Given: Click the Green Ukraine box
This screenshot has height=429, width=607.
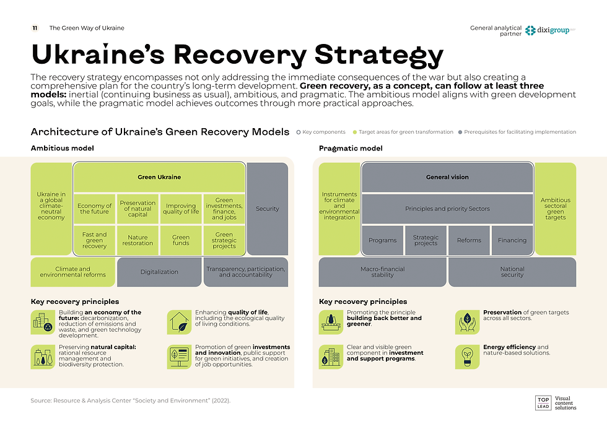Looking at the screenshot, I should pyautogui.click(x=159, y=177).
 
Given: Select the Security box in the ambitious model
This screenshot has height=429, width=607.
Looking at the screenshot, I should pyautogui.click(x=268, y=209).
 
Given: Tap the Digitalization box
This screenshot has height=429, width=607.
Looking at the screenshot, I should pyautogui.click(x=159, y=272).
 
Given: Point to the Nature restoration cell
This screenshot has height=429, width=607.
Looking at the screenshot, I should pyautogui.click(x=138, y=240).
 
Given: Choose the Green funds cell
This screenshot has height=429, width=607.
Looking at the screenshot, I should pyautogui.click(x=181, y=240).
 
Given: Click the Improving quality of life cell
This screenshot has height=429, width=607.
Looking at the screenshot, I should pyautogui.click(x=181, y=209).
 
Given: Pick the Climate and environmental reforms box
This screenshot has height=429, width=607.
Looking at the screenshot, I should pyautogui.click(x=73, y=272).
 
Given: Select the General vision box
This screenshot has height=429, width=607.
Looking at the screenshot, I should pyautogui.click(x=447, y=177).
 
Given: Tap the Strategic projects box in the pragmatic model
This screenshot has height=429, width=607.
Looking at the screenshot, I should pyautogui.click(x=426, y=240).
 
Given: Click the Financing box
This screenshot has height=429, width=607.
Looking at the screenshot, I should pyautogui.click(x=512, y=240).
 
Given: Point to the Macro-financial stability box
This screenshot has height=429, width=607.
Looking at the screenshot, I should pyautogui.click(x=382, y=272).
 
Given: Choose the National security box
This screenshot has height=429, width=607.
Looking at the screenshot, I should pyautogui.click(x=512, y=272).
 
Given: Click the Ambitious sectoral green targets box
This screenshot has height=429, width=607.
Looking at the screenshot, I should pyautogui.click(x=555, y=209).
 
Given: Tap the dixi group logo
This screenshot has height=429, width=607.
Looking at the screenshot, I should pyautogui.click(x=550, y=30).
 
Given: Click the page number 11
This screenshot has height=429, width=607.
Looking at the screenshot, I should pyautogui.click(x=36, y=28).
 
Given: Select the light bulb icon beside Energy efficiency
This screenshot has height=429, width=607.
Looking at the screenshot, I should pyautogui.click(x=466, y=356).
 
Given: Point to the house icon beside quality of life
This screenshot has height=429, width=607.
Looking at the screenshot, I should pyautogui.click(x=178, y=322).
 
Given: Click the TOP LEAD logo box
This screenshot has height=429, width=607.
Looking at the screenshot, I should pyautogui.click(x=543, y=403).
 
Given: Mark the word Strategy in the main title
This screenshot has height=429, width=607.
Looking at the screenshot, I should pyautogui.click(x=379, y=54).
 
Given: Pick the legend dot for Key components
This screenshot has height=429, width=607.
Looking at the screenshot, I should pyautogui.click(x=299, y=132).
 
